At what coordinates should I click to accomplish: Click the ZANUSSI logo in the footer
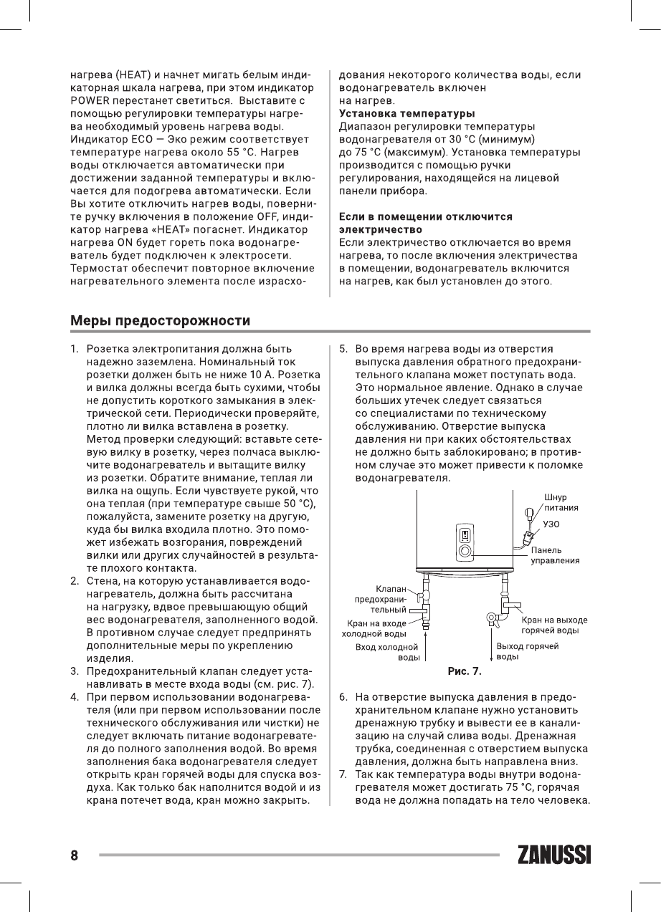click(553, 855)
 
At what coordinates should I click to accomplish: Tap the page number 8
click(73, 855)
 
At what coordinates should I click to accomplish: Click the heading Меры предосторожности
click(160, 319)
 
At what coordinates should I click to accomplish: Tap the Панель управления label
click(564, 555)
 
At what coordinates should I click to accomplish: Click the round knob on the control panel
click(465, 552)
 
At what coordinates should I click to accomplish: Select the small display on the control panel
click(465, 534)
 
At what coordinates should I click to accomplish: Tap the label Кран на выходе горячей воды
click(554, 624)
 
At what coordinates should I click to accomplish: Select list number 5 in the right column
click(343, 350)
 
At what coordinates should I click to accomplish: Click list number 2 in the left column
click(74, 580)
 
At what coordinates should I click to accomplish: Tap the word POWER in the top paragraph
click(86, 100)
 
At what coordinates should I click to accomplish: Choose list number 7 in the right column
click(343, 774)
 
